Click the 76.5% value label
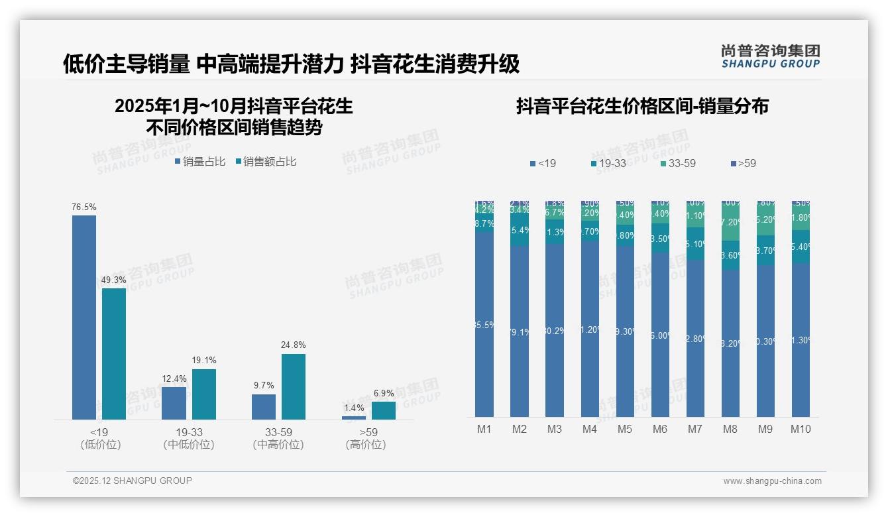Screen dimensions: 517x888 84,207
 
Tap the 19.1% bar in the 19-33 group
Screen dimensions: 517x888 204,394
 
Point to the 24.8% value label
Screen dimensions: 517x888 294,345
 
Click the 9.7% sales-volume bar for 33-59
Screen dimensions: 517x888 264,406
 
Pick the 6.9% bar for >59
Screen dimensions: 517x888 384,410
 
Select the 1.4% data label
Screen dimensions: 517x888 354,408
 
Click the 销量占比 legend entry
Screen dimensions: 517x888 200,162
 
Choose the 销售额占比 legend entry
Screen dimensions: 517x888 266,162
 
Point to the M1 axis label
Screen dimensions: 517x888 484,430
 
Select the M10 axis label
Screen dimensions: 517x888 801,430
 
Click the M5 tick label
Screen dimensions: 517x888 625,430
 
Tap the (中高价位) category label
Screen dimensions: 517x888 278,445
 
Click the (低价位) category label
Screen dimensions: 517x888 100,445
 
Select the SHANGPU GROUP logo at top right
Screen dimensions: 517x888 771,56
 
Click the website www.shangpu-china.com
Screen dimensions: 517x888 772,481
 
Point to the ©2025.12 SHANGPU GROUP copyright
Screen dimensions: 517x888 133,481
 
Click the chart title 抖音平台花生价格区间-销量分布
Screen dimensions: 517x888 642,107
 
